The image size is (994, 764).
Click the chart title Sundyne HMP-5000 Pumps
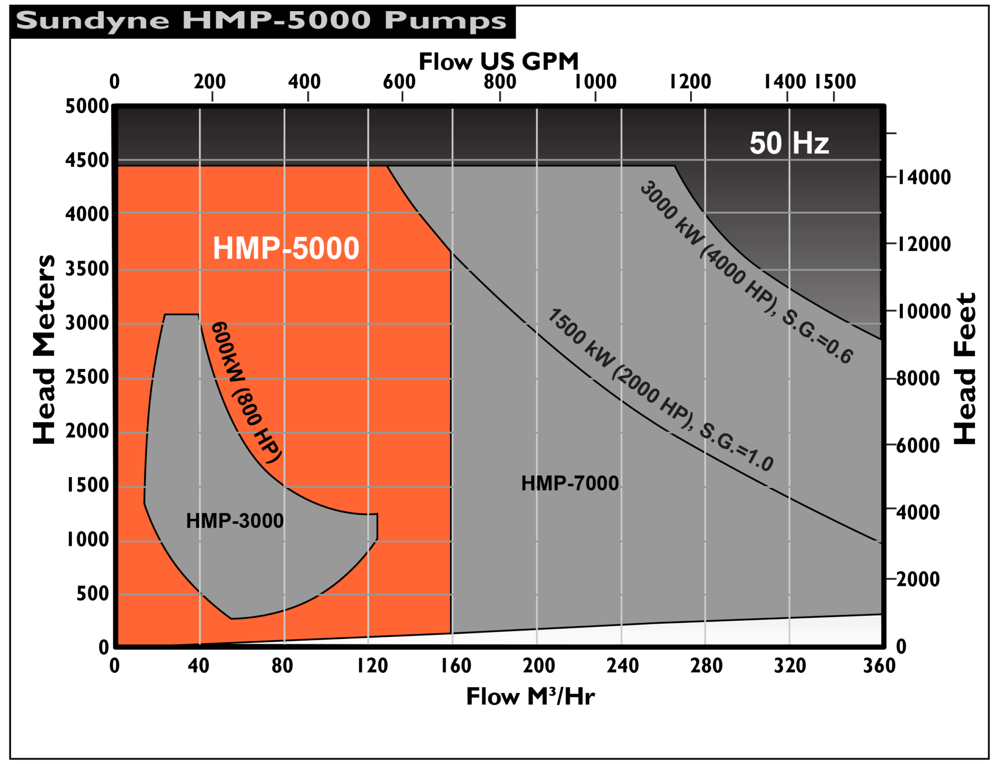[261, 21]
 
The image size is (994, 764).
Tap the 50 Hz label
[789, 143]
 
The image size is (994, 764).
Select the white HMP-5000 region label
[286, 248]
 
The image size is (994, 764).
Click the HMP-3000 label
[234, 521]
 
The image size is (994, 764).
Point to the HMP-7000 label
[570, 483]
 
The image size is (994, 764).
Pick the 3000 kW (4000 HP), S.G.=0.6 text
[745, 272]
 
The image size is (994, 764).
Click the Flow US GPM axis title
[498, 62]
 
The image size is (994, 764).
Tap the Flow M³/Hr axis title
[530, 697]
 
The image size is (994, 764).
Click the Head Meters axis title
[44, 349]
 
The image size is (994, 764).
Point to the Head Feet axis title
[965, 368]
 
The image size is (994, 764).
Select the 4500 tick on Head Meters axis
[87, 160]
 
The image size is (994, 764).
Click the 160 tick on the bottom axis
[455, 665]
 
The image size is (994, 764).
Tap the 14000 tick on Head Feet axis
[923, 177]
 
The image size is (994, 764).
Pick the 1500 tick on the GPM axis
[835, 82]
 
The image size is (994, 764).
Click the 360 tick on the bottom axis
[878, 665]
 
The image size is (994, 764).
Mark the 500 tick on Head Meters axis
[93, 594]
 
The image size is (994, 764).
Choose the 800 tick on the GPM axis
[499, 82]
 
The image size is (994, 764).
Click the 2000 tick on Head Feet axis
[917, 579]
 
